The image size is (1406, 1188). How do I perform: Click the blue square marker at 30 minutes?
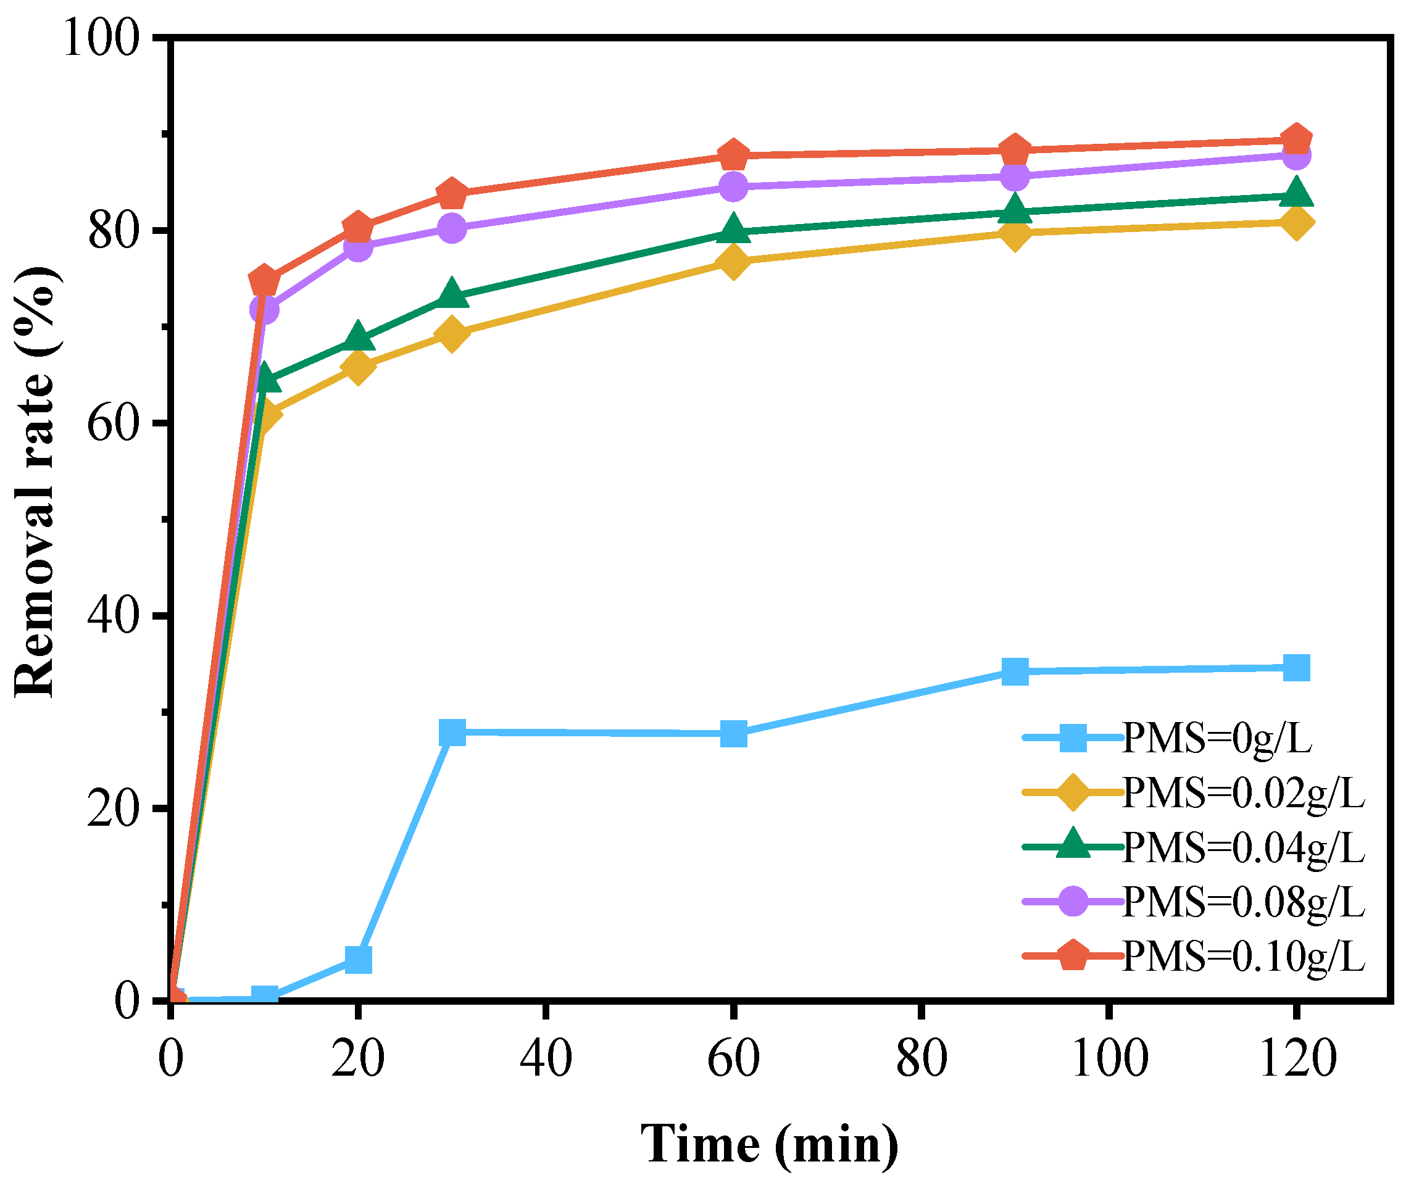[x=452, y=732]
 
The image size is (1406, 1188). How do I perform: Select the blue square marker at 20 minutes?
[x=358, y=959]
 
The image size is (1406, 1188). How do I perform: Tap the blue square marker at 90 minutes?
[x=1015, y=671]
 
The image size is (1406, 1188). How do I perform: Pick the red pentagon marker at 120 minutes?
[x=1296, y=140]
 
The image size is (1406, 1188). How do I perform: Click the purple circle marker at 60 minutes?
[x=733, y=186]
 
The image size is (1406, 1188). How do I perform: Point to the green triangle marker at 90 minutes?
[x=1015, y=210]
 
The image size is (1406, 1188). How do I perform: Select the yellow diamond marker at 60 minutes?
[x=733, y=261]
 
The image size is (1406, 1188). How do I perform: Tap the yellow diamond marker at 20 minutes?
[x=358, y=367]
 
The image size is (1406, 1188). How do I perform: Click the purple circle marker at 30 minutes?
[x=452, y=228]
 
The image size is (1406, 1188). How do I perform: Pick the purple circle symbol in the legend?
[x=1073, y=901]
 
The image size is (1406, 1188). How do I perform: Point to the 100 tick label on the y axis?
[x=101, y=38]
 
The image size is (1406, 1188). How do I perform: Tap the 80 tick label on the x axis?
[x=921, y=1058]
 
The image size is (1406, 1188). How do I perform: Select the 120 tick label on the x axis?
[x=1296, y=1058]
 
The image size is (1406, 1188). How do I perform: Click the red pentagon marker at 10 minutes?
[x=264, y=281]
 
